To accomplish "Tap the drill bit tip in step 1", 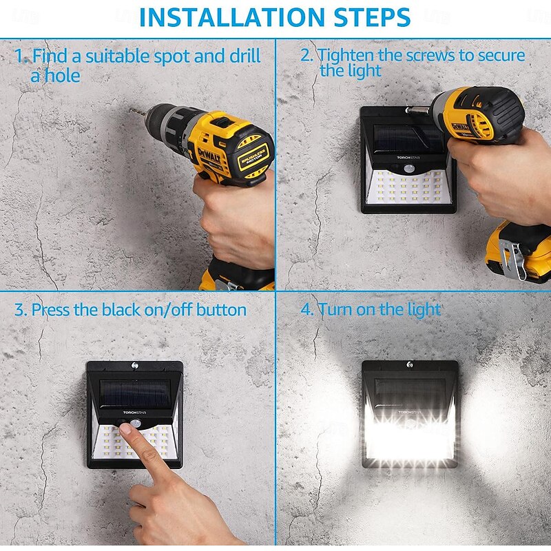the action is pos(130,110).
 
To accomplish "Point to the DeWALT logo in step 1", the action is pos(209,156).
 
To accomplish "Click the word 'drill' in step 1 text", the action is pos(245,56).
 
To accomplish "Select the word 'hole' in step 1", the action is pos(59,76).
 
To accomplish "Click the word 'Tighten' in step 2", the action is pos(346,56).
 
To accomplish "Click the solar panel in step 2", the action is pos(407,138).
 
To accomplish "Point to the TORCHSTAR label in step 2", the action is pos(408,158).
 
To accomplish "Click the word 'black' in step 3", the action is pos(120,309).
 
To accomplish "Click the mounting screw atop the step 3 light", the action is pos(135,366).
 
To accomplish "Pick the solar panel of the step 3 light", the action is pos(135,393).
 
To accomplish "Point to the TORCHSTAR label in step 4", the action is pos(409,412).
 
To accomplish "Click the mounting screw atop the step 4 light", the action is pos(409,364).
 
